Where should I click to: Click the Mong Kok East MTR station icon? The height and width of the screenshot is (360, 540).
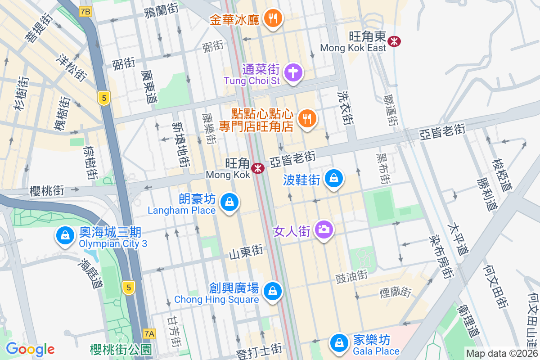click(x=395, y=41)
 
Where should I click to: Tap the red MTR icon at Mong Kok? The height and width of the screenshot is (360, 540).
click(x=258, y=168)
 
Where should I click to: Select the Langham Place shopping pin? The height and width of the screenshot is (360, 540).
click(x=230, y=203)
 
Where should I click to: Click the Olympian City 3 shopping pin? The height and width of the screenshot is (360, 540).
click(x=65, y=235)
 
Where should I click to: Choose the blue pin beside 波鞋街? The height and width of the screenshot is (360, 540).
click(x=334, y=179)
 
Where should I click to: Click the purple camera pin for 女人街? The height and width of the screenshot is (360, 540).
click(x=324, y=229)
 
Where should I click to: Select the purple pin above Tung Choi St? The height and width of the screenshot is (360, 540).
click(x=293, y=72)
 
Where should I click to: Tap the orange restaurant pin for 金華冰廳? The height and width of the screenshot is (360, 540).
click(x=272, y=18)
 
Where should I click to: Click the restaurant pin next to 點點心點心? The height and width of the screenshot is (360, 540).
click(x=307, y=119)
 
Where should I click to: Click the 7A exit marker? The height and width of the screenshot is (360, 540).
click(x=149, y=333)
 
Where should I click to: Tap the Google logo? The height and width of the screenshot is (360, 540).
click(x=30, y=349)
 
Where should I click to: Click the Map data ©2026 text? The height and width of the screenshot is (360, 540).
click(x=501, y=353)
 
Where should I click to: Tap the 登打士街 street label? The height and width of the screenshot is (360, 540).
click(x=259, y=351)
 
